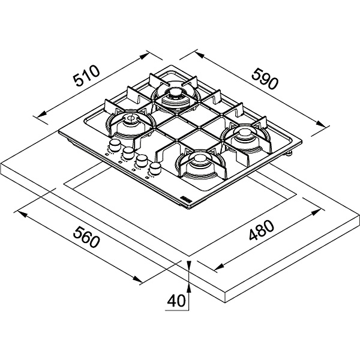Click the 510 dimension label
click(86, 76)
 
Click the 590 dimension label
click(265, 78)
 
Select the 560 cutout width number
click(86, 237)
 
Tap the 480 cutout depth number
click(262, 230)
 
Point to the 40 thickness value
click(176, 301)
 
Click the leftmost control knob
click(115, 145)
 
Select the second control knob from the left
click(128, 152)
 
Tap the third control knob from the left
click(142, 160)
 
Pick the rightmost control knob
click(155, 168)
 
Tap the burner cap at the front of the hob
click(199, 158)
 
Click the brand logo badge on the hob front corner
click(186, 199)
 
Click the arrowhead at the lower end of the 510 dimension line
click(41, 115)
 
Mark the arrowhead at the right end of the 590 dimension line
click(321, 124)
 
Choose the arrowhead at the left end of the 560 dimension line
click(23, 214)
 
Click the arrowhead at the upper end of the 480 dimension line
click(316, 212)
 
